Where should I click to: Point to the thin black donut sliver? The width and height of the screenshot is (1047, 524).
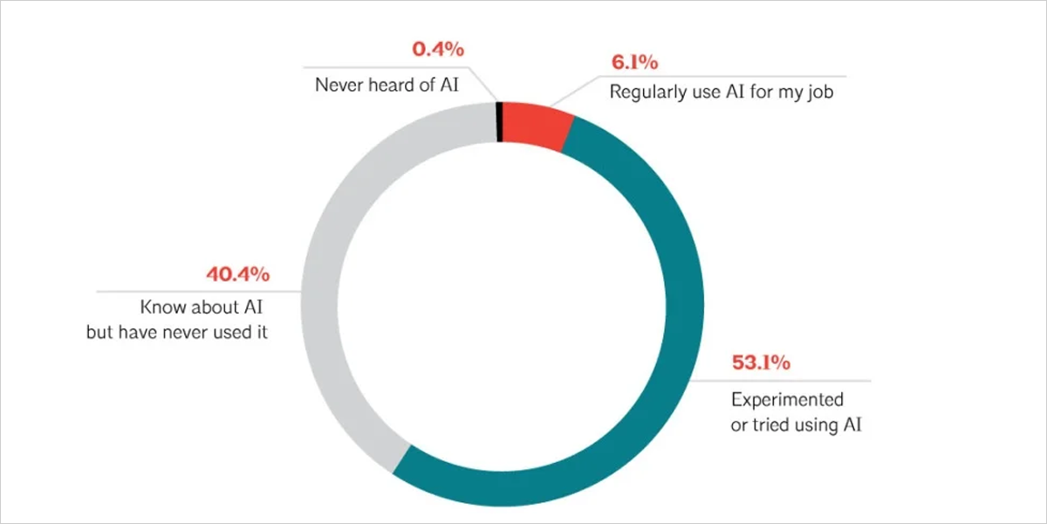[x=499, y=121]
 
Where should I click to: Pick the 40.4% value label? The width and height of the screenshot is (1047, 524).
[x=237, y=275]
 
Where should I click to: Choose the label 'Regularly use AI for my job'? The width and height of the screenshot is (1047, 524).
[x=722, y=92]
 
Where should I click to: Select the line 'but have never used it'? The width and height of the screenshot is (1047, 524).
[x=176, y=333]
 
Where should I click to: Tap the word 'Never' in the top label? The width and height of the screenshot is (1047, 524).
[x=337, y=85]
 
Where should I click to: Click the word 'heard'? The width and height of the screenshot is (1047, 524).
[x=387, y=85]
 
